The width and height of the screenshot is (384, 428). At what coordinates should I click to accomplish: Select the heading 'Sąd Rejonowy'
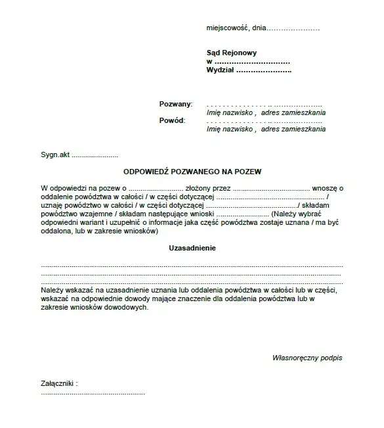coord(231,53)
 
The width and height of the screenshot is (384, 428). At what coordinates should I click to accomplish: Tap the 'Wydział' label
coord(220,69)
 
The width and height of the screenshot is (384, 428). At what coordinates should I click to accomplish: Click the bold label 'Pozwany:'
coord(175,105)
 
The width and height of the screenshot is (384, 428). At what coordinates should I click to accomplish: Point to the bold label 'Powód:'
coord(172,121)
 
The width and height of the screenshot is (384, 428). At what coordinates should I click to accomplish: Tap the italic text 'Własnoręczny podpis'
coord(307,358)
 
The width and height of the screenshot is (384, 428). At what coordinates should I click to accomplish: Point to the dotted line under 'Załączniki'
coord(93,392)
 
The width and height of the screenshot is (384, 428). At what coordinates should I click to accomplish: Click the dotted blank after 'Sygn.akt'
coord(95,156)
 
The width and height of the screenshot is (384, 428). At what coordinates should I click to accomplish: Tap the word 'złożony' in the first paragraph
coord(198,188)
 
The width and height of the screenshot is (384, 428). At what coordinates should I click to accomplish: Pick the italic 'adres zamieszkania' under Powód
coord(293,130)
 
